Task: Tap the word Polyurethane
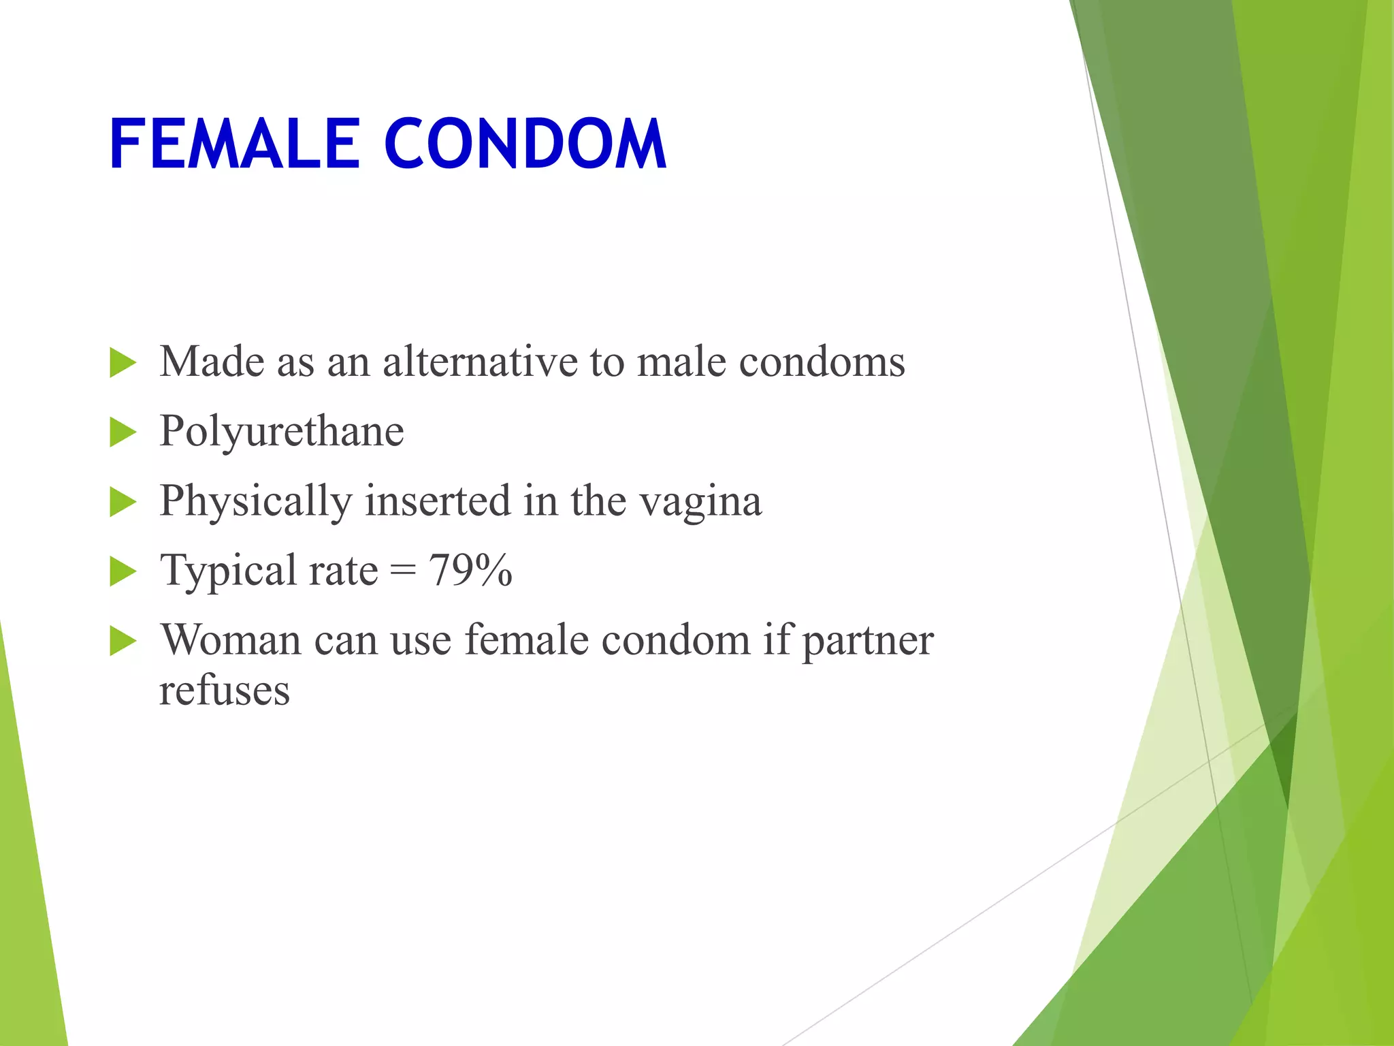coord(281,432)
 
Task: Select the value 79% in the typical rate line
coord(470,570)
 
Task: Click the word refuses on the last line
coord(224,691)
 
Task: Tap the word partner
coord(868,641)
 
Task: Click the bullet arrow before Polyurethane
coord(123,433)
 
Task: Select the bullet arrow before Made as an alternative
coord(123,363)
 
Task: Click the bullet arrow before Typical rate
coord(123,572)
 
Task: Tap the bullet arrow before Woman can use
coord(123,641)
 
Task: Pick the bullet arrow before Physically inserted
coord(123,503)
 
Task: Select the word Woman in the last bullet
coord(230,641)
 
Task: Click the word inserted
coord(438,501)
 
